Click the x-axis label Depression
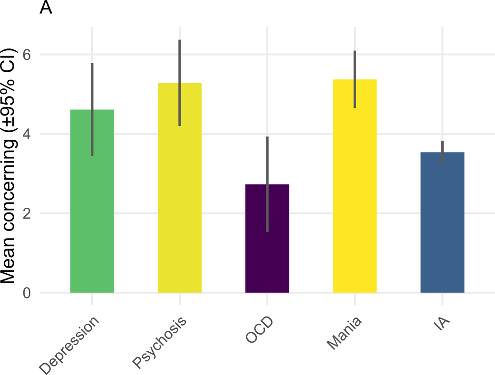tap(70, 344)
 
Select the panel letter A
tap(46, 8)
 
